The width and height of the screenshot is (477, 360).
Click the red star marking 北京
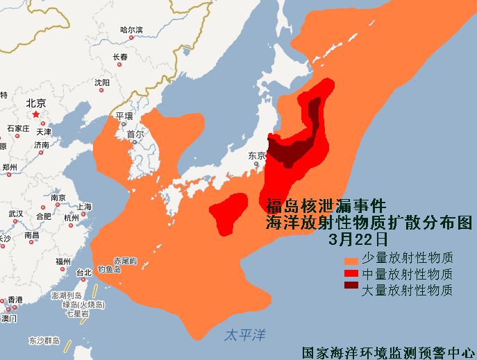pos(35,114)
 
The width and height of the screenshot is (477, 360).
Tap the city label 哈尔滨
pos(131,30)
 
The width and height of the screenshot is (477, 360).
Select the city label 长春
pos(120,57)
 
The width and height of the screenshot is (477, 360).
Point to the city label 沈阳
pos(102,83)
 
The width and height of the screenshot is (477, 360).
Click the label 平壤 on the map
pos(124,115)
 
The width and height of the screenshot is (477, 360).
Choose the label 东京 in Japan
pos(257,156)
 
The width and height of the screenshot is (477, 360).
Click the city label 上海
pos(84,207)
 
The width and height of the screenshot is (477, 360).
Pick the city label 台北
pos(83,272)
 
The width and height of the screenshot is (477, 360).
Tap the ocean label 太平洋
pos(245,334)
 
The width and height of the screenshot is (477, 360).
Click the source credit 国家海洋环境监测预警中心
pos(387,352)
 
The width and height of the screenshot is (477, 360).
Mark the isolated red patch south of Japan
pos(228,211)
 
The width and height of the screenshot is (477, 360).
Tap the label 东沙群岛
pos(44,341)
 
